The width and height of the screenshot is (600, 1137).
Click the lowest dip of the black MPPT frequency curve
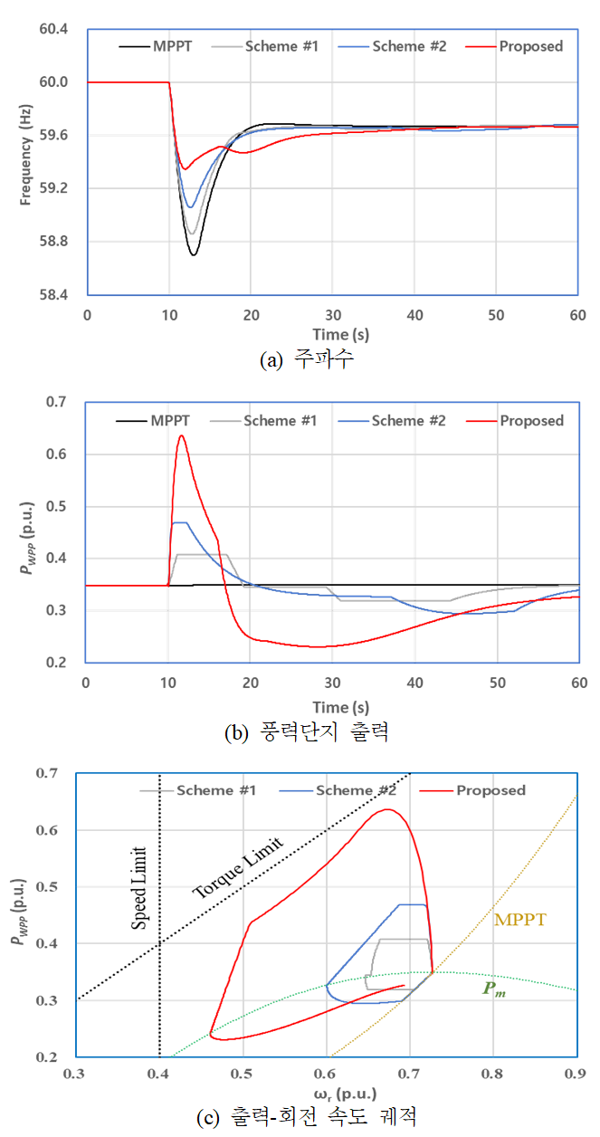194,254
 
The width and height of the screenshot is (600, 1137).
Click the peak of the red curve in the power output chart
182,436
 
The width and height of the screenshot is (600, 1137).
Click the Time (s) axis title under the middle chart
332,706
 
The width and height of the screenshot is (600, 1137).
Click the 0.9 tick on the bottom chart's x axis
576,1075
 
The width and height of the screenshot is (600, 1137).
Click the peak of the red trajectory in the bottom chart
387,809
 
